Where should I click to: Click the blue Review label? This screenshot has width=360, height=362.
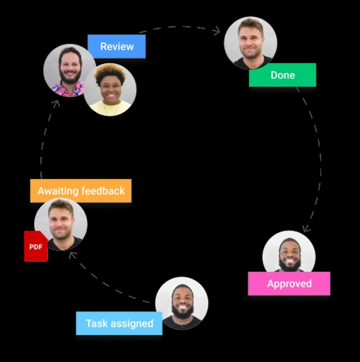116,46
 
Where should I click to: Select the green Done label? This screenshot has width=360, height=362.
282,75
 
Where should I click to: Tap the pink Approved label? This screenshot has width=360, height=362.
289,284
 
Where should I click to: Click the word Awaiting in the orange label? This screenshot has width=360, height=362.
58,191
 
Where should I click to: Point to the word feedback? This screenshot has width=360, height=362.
103,191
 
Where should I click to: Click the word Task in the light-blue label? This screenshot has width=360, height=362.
97,323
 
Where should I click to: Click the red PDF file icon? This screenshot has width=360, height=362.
36,246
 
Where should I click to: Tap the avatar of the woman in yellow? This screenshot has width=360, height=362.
110,89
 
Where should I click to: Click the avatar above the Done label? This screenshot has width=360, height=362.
250,43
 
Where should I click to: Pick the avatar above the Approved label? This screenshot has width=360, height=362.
289,252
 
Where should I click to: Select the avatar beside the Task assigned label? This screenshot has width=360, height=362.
182,303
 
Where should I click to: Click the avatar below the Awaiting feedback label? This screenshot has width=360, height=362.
61,224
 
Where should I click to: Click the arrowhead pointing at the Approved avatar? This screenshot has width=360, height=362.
306,229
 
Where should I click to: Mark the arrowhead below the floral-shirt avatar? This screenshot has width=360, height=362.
56,104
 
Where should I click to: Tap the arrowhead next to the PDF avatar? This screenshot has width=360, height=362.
73,255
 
